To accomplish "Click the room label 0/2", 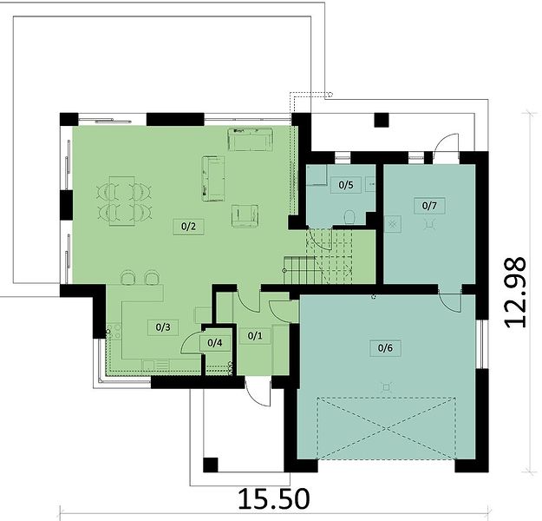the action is (188, 227).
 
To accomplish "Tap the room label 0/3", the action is (163, 327).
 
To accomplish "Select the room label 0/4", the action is (215, 343).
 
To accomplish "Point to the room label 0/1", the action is (255, 335).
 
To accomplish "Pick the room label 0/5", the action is (346, 185).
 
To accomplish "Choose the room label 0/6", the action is (385, 348).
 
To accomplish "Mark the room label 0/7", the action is (429, 206).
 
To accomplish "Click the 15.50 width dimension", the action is (274, 498).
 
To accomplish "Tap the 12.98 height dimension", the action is (515, 292).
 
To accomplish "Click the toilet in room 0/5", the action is (349, 217).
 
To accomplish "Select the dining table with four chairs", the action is (124, 201).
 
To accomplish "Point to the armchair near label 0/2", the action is (245, 216).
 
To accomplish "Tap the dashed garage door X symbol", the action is (386, 429).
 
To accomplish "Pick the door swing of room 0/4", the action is (191, 342).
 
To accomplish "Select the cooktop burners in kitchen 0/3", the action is (114, 331).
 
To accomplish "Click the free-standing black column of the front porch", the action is (211, 465).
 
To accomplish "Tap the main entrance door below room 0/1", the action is (258, 392).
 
